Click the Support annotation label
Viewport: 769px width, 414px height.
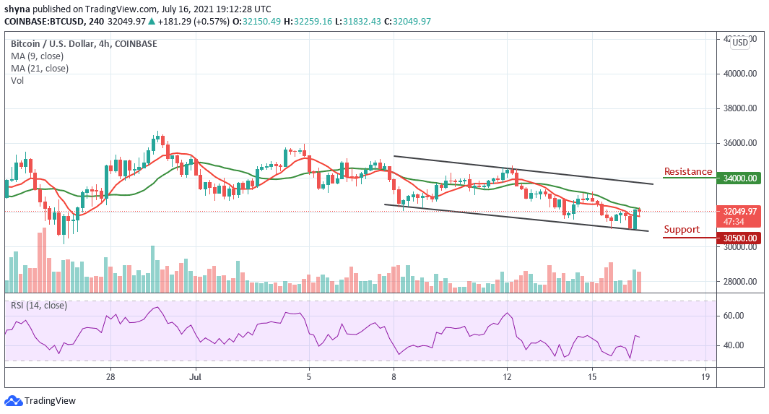[x=682, y=230]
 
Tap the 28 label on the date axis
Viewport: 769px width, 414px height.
[x=110, y=377]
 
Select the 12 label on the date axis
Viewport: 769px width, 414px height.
[x=507, y=377]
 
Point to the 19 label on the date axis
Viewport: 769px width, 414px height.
[x=705, y=377]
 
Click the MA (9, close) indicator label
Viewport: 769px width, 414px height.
[x=37, y=56]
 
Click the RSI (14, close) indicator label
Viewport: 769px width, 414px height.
[x=39, y=306]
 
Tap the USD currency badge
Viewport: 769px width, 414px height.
[x=739, y=43]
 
